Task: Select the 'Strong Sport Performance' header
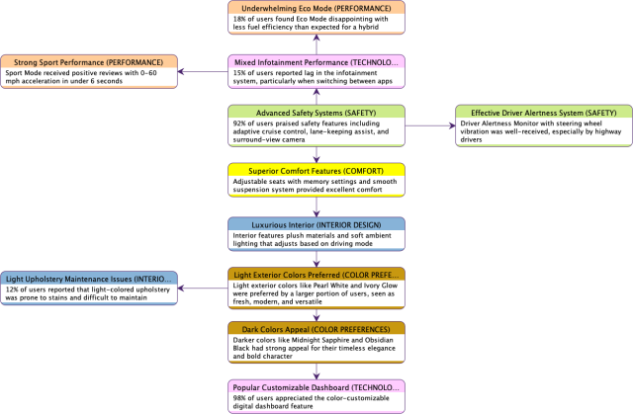tap(89, 61)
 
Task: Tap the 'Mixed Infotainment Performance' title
tap(316, 61)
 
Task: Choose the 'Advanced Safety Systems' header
tap(316, 111)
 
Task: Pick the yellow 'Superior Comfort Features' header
tap(316, 169)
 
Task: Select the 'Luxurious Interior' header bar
tap(316, 223)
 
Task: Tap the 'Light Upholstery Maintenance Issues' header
tap(89, 280)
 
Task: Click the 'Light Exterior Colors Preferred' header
tap(316, 274)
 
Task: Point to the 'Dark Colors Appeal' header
tap(316, 328)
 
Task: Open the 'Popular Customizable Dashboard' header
tap(316, 386)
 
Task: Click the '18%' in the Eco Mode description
tap(240, 20)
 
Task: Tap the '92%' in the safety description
tap(240, 124)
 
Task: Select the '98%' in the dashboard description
tap(240, 398)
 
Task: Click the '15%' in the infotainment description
tap(240, 74)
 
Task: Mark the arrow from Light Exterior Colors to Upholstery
tap(203, 289)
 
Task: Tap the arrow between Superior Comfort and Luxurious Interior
tap(316, 205)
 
